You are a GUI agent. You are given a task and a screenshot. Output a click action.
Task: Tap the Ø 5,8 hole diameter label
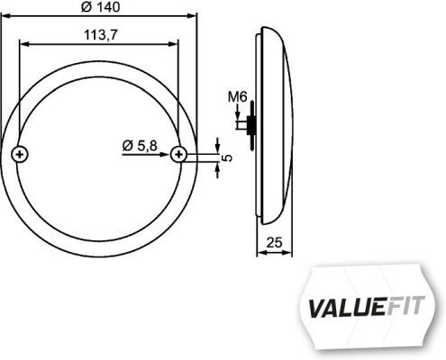point(140,145)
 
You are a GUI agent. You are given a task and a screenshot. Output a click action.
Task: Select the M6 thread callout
point(237,98)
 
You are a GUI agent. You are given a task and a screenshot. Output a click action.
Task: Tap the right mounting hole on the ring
point(180,155)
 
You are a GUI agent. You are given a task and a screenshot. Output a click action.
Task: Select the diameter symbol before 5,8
point(125,145)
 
